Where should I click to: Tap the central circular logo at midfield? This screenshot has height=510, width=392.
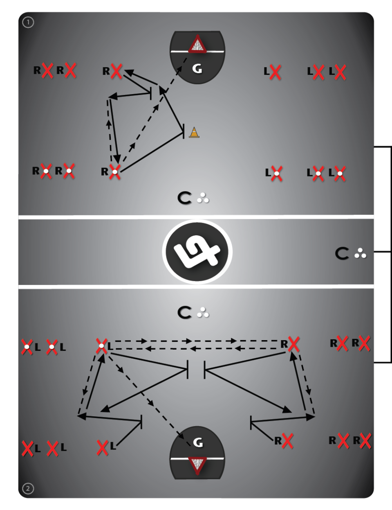click(197, 251)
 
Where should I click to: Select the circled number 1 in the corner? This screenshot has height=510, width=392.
click(28, 23)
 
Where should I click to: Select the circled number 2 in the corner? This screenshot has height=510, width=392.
click(28, 488)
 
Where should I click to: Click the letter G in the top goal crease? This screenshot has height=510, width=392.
click(197, 69)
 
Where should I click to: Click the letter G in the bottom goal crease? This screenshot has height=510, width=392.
click(197, 442)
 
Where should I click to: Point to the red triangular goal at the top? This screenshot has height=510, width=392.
click(197, 45)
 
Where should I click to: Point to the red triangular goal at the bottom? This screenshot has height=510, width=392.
click(197, 465)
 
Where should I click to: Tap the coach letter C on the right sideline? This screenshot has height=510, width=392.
click(342, 254)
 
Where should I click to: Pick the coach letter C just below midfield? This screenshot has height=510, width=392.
click(184, 313)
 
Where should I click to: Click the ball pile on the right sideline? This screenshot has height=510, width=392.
click(361, 254)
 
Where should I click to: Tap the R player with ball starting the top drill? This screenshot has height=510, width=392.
click(115, 172)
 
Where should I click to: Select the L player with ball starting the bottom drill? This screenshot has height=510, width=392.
click(102, 347)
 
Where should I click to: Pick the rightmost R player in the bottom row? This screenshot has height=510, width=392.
click(365, 441)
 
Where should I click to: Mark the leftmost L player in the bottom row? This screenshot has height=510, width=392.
click(27, 449)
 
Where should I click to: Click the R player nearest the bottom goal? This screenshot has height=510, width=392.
click(287, 441)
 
